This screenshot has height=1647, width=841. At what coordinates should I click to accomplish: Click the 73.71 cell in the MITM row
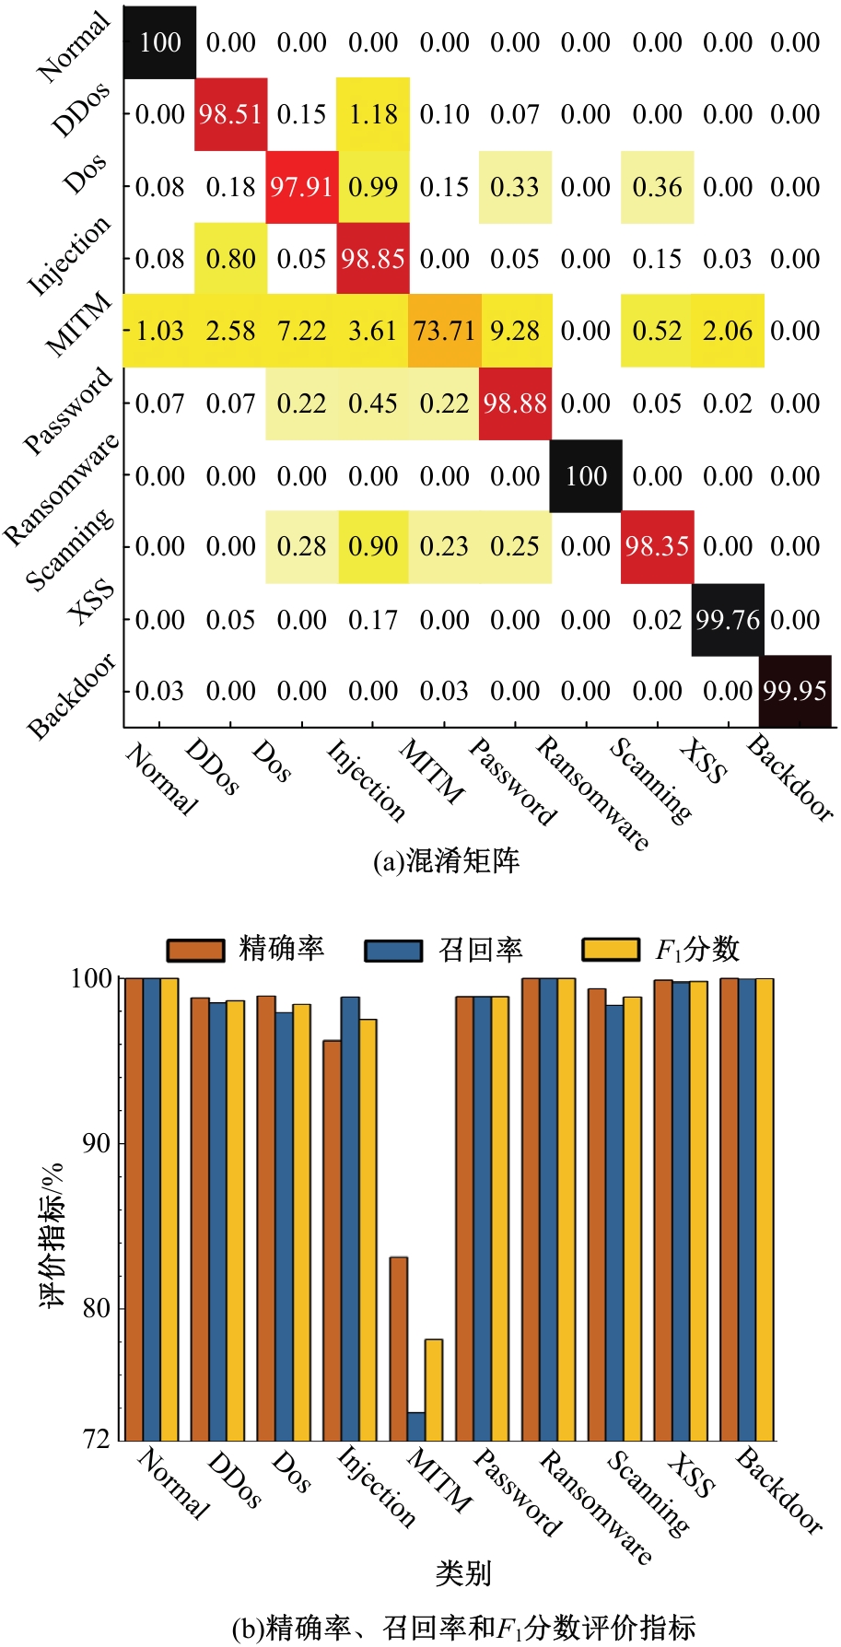445,331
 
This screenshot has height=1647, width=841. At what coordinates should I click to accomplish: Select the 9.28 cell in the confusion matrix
515,331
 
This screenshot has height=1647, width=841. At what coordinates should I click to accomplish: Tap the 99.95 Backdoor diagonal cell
796,691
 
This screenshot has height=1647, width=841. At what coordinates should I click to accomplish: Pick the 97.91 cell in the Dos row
301,187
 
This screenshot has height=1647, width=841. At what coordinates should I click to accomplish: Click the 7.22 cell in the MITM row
301,331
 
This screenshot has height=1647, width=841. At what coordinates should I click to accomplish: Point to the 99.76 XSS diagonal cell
728,619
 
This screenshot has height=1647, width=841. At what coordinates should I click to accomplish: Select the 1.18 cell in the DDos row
373,114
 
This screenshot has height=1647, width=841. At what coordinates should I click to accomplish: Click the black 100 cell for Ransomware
586,476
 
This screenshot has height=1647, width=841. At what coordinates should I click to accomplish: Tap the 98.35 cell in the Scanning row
657,546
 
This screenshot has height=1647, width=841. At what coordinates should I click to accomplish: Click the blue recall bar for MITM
416,1426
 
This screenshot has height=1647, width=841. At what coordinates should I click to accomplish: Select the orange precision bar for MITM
398,1349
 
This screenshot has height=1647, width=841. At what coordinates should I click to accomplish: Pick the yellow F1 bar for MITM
434,1389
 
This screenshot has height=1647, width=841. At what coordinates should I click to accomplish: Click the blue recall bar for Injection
350,1218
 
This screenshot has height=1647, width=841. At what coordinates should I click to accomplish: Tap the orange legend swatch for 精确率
195,950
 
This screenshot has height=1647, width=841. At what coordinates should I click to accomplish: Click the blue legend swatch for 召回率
393,950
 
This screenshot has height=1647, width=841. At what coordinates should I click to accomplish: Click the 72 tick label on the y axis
97,1439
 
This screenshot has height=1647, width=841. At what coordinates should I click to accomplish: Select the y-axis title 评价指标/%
53,1234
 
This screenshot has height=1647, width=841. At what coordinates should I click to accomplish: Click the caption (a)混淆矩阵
446,860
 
